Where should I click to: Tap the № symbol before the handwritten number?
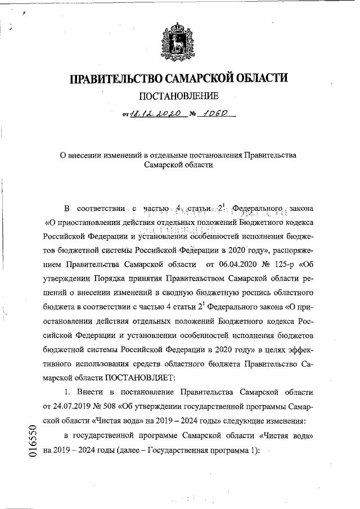click(x=194, y=115)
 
